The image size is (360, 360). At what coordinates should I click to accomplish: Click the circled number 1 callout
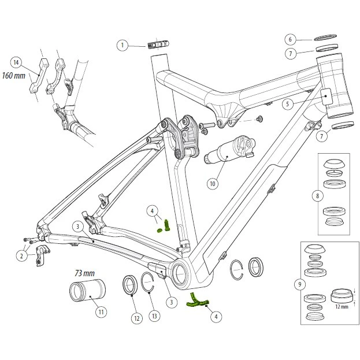tap(123, 44)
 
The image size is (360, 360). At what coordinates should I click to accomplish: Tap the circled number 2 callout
tap(22, 255)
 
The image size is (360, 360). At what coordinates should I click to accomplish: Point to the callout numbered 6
tap(291, 39)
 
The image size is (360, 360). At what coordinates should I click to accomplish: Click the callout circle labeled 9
tap(299, 284)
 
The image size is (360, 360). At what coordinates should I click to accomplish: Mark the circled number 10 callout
tap(212, 184)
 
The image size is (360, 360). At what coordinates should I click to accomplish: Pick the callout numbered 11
tap(101, 312)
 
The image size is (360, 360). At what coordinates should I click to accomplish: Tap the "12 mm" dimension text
tap(341, 307)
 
